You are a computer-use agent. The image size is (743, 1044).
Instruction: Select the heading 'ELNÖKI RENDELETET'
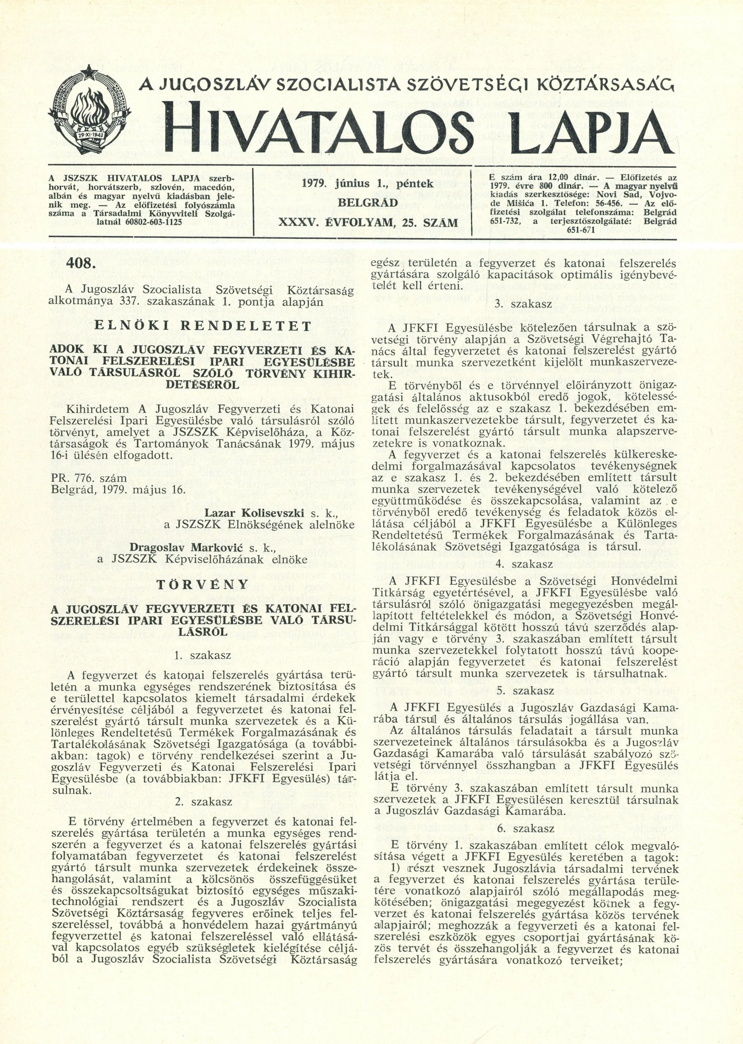click(x=202, y=326)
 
